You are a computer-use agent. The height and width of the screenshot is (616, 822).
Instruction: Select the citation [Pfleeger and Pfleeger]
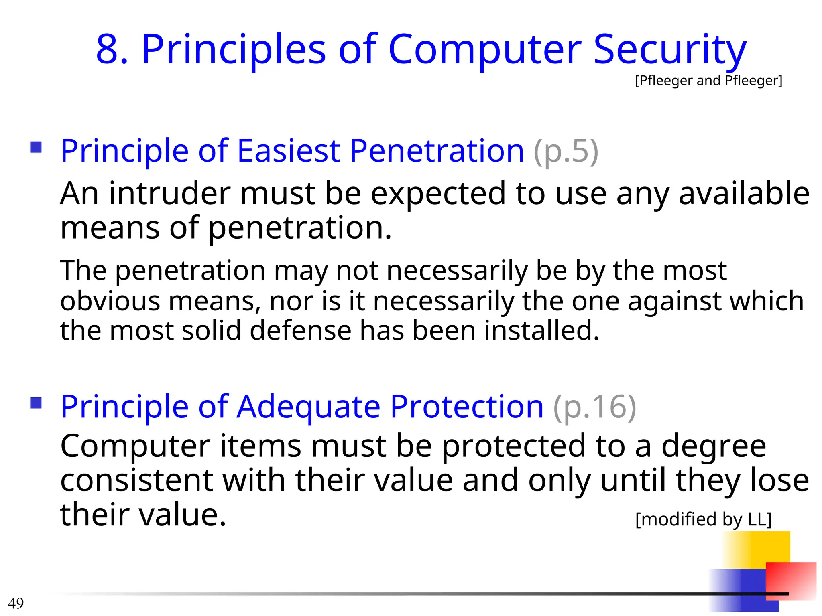pos(708,81)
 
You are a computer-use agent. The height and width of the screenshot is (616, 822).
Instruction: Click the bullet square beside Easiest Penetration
pos(36,147)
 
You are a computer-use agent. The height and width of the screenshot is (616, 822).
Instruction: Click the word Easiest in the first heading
pos(288,151)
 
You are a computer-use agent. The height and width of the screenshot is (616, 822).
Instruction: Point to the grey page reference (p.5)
pos(566,152)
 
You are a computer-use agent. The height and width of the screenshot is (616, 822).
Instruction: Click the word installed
pos(541,330)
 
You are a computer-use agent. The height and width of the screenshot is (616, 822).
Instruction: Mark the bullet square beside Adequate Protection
pos(36,403)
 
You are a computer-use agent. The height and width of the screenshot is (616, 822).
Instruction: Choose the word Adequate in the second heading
pos(308,407)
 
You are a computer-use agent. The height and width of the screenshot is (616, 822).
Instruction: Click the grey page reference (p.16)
pos(594,407)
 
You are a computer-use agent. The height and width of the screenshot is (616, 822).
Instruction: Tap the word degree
pos(713,446)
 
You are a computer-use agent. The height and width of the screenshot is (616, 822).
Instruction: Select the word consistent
pos(136,480)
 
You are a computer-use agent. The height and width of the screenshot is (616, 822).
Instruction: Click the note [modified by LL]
pos(703,519)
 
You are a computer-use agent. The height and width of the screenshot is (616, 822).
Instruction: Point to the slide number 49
pos(16,603)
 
